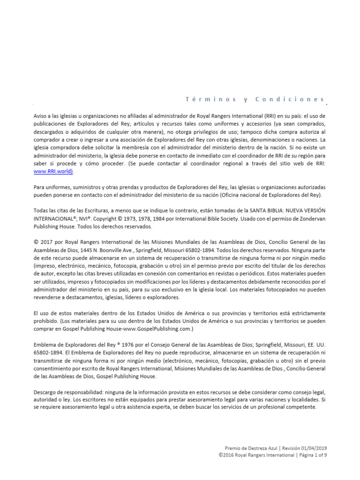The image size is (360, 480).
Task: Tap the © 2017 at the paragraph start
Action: pyautogui.click(x=43, y=242)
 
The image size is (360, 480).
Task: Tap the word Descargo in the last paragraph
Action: pyautogui.click(x=46, y=391)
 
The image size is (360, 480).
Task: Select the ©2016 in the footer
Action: pyautogui.click(x=226, y=455)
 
